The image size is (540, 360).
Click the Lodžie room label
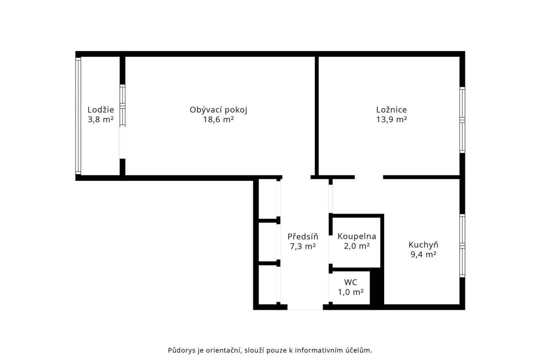pyautogui.click(x=101, y=110)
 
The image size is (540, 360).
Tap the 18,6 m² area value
pyautogui.click(x=218, y=120)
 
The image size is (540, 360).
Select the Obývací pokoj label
pyautogui.click(x=218, y=110)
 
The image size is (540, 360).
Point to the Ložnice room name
pyautogui.click(x=391, y=110)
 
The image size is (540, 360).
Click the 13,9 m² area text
pyautogui.click(x=392, y=120)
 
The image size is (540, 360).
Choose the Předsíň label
pyautogui.click(x=303, y=237)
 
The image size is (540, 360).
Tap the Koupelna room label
pyautogui.click(x=357, y=237)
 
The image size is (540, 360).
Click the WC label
pyautogui.click(x=351, y=282)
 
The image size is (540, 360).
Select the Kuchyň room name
pyautogui.click(x=423, y=245)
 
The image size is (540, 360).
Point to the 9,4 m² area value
pyautogui.click(x=424, y=255)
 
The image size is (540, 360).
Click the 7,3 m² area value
pyautogui.click(x=303, y=246)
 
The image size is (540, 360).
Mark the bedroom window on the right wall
pyautogui.click(x=462, y=120)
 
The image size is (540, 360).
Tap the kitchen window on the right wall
pyautogui.click(x=462, y=246)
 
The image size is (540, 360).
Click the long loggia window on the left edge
pyautogui.click(x=78, y=116)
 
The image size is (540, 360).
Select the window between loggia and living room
pyautogui.click(x=122, y=106)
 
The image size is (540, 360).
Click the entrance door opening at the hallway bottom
pyautogui.click(x=305, y=307)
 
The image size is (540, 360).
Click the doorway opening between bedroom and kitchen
pyautogui.click(x=369, y=177)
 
